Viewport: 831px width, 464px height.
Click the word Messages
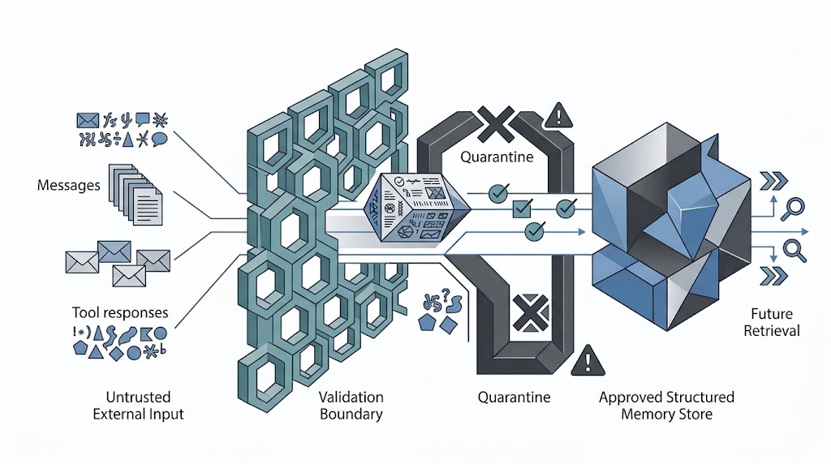pyautogui.click(x=68, y=186)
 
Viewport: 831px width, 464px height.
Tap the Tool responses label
pyautogui.click(x=120, y=312)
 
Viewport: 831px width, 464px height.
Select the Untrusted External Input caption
pyautogui.click(x=138, y=406)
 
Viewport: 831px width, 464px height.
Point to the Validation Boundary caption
pyautogui.click(x=351, y=406)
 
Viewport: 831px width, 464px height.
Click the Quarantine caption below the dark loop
pyautogui.click(x=514, y=397)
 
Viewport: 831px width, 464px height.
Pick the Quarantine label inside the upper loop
pyautogui.click(x=497, y=157)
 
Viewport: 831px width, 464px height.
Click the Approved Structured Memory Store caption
pyautogui.click(x=666, y=406)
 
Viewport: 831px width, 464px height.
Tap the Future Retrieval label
pyautogui.click(x=772, y=322)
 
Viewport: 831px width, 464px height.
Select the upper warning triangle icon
pyautogui.click(x=558, y=115)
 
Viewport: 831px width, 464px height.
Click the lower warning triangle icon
pyautogui.click(x=588, y=361)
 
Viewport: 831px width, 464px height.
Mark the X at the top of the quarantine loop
pyautogui.click(x=496, y=124)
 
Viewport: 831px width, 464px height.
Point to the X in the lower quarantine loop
pyautogui.click(x=531, y=312)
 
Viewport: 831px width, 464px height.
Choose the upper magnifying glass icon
pyautogui.click(x=792, y=208)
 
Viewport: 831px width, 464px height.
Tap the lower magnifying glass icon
pyautogui.click(x=794, y=251)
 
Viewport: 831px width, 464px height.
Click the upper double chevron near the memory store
pyautogui.click(x=773, y=181)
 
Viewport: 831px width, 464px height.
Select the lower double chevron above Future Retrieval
pyautogui.click(x=773, y=276)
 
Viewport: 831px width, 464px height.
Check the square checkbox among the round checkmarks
pyautogui.click(x=523, y=208)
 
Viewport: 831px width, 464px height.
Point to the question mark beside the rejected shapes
pyautogui.click(x=446, y=294)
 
